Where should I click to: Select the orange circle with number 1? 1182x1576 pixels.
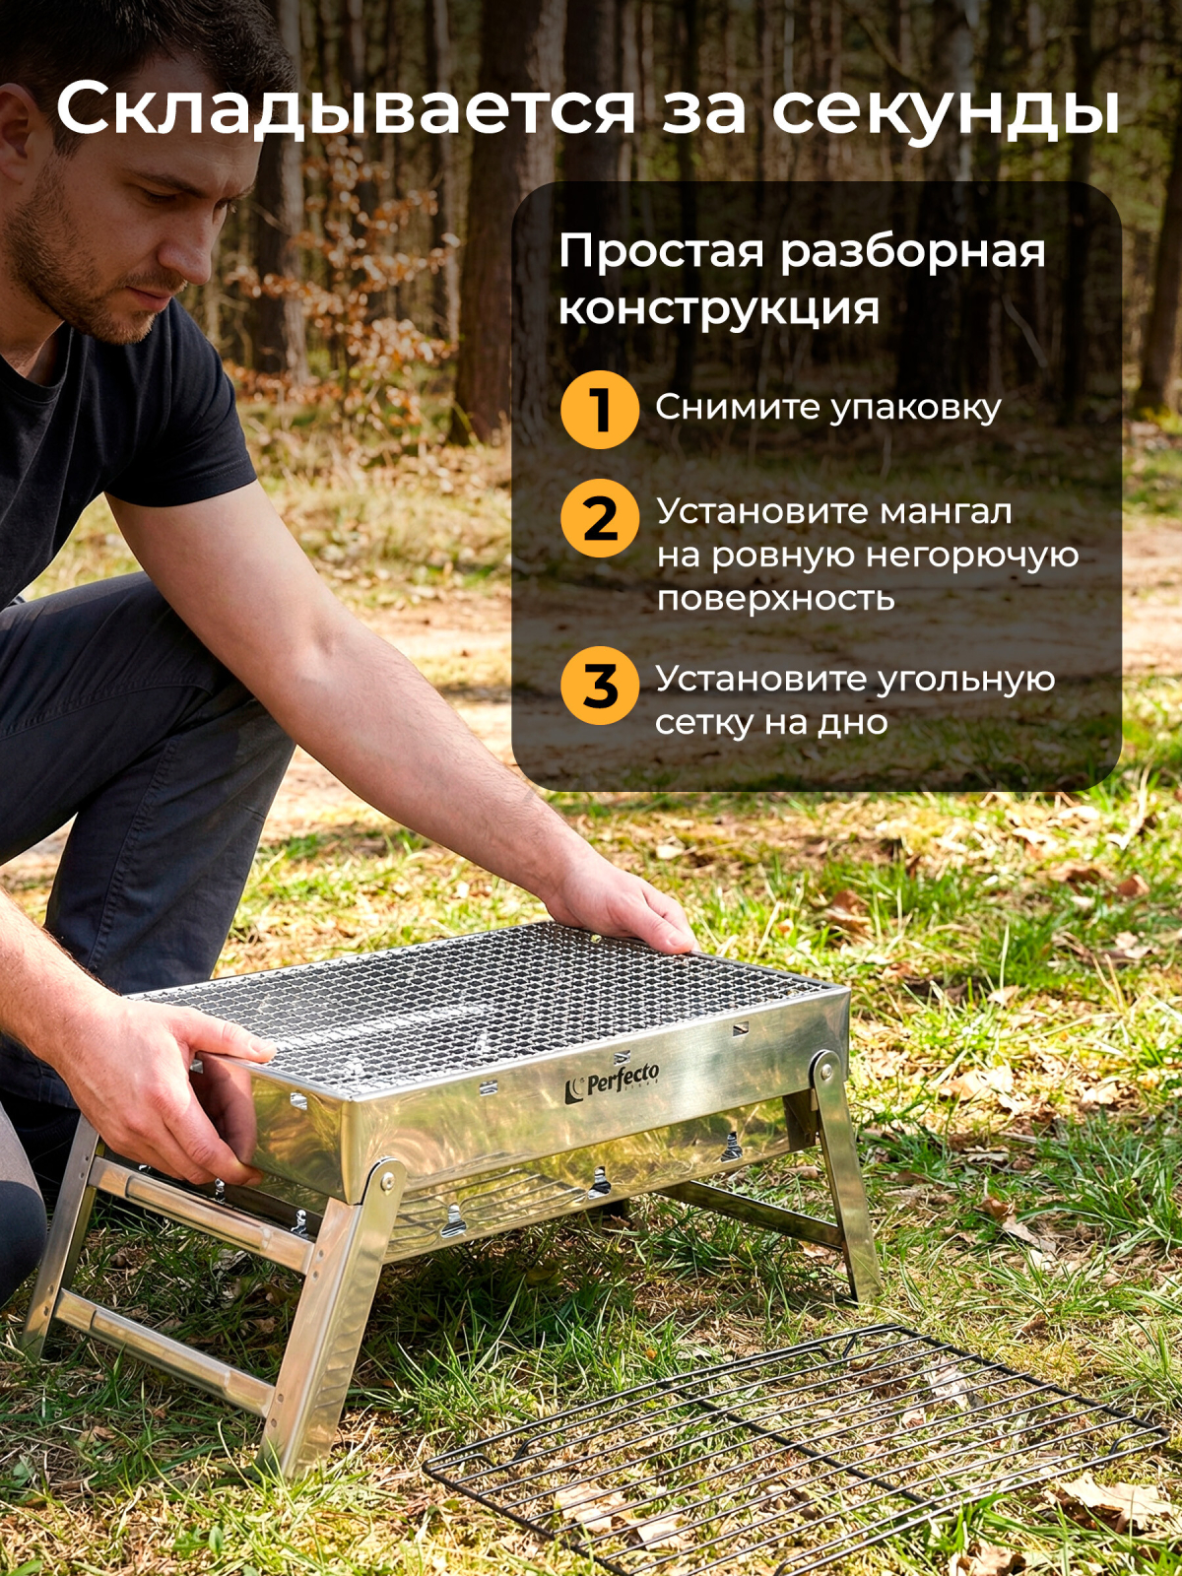click(600, 410)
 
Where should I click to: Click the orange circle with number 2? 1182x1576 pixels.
click(600, 518)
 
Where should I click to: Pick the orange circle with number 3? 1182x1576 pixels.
click(600, 686)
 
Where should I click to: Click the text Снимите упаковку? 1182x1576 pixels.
click(827, 408)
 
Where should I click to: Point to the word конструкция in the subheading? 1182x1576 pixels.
click(718, 309)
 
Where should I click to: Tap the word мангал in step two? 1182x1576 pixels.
click(946, 512)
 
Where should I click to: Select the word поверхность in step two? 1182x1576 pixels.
click(775, 599)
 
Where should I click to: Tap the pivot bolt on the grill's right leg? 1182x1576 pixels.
click(823, 1067)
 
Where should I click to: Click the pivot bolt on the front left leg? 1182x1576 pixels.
click(386, 1178)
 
